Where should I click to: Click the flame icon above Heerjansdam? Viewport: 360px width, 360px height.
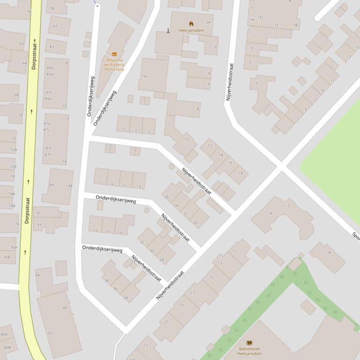click(x=191, y=23)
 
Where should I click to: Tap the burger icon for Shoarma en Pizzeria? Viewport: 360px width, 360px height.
click(x=115, y=54)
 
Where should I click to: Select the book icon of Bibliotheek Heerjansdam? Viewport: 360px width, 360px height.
click(x=249, y=343)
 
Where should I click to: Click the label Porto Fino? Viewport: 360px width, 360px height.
click(x=114, y=69)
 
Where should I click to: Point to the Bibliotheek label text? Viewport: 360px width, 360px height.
click(x=249, y=349)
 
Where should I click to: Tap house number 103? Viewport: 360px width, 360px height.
click(x=49, y=333)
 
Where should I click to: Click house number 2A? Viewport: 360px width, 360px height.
click(x=208, y=22)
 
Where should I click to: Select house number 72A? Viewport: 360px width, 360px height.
click(x=14, y=150)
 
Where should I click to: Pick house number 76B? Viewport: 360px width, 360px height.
click(x=7, y=257)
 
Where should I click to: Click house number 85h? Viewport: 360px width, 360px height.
click(x=49, y=99)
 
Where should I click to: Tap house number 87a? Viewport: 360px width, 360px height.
click(x=47, y=123)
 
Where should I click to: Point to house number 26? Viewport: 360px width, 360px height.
click(x=166, y=197)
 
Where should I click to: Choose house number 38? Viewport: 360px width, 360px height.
click(x=106, y=281)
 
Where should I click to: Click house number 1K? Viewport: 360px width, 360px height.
click(x=252, y=20)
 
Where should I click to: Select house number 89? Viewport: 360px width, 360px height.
click(x=51, y=185)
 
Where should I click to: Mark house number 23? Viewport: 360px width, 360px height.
click(x=145, y=346)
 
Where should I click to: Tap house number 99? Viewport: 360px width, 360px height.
click(x=37, y=275)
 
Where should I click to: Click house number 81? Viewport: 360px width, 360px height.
click(x=55, y=26)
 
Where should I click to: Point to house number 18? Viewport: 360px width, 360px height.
click(x=240, y=173)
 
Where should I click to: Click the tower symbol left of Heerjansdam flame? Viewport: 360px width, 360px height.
click(x=169, y=31)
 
